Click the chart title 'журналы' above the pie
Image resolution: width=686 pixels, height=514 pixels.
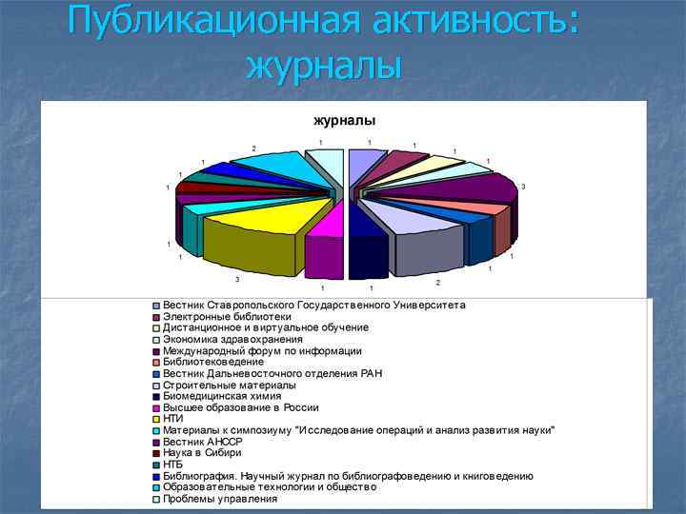pyautogui.click(x=345, y=121)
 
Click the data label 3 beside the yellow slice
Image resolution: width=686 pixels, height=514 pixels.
pyautogui.click(x=237, y=279)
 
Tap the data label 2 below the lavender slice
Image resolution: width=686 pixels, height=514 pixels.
pyautogui.click(x=437, y=283)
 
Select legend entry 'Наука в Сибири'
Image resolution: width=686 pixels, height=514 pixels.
pyautogui.click(x=203, y=453)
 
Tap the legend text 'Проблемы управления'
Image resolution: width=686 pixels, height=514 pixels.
pyautogui.click(x=220, y=499)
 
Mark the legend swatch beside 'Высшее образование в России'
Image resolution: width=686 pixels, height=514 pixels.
pyautogui.click(x=156, y=408)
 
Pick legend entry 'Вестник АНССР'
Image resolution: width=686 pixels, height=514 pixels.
pyautogui.click(x=203, y=442)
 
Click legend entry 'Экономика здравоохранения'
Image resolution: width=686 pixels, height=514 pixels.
pyautogui.click(x=232, y=339)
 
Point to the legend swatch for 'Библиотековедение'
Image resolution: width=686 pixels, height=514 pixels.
pyautogui.click(x=156, y=363)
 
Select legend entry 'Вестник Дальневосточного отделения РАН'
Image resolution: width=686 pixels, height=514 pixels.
pyautogui.click(x=272, y=373)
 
